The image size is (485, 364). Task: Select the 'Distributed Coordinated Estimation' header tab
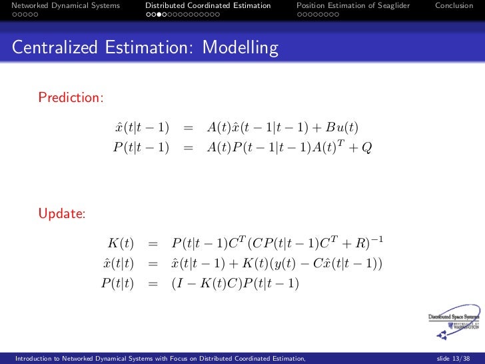point(208,5)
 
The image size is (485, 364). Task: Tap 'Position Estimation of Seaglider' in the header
point(353,5)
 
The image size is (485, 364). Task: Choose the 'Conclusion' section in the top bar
point(454,5)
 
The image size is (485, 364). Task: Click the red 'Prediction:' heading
point(71,98)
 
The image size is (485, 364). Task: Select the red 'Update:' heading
point(62,214)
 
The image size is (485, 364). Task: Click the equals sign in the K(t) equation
point(153,244)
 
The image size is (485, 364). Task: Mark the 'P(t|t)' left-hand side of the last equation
point(118,283)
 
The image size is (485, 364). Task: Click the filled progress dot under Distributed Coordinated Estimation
point(164,14)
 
